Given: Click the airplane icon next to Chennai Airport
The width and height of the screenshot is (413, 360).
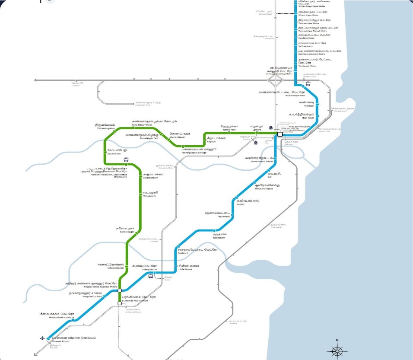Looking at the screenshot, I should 42,338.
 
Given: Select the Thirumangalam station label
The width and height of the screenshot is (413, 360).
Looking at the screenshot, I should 105,126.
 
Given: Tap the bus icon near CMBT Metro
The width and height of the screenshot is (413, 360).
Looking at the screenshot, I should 126,159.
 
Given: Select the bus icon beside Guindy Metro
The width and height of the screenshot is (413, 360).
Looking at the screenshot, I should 150,277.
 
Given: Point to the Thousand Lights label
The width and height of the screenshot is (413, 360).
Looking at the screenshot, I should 264,186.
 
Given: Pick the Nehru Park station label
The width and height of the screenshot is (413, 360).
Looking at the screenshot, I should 229,127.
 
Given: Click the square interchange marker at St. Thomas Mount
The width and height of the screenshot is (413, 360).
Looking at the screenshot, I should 120,304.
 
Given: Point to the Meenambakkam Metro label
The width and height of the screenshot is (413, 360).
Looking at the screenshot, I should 55,315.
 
